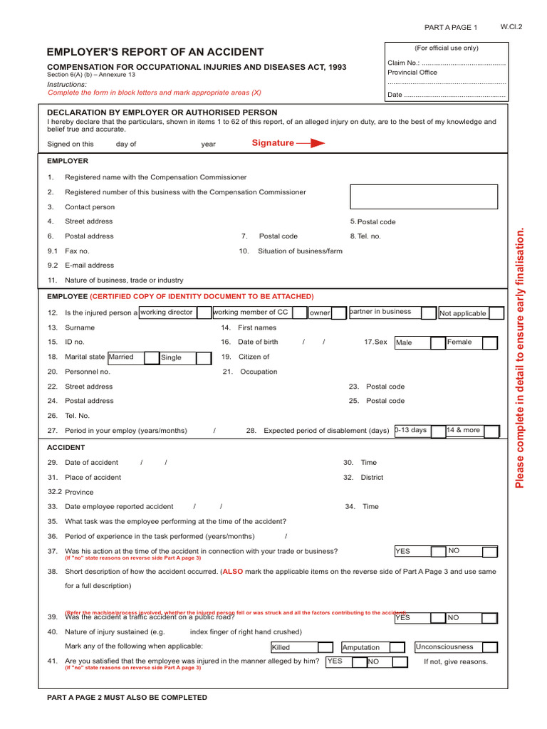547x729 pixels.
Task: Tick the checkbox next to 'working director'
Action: tap(204, 313)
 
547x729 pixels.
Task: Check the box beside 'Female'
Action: tap(489, 342)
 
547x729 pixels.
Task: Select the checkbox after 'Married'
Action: tap(152, 357)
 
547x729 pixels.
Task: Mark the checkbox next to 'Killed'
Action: tap(325, 647)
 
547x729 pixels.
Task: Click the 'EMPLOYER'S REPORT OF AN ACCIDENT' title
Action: tap(155, 52)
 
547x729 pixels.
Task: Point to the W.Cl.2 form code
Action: tap(511, 26)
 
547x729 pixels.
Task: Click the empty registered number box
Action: tap(423, 196)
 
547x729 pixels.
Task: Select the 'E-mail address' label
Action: tap(89, 266)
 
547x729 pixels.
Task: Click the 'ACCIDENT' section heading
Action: tap(66, 448)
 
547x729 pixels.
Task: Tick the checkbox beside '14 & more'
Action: tap(490, 431)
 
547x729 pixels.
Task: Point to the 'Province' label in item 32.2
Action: tap(79, 492)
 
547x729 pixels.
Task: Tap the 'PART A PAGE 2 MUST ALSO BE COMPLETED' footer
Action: tap(127, 698)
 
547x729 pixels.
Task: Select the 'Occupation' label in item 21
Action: tap(259, 372)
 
